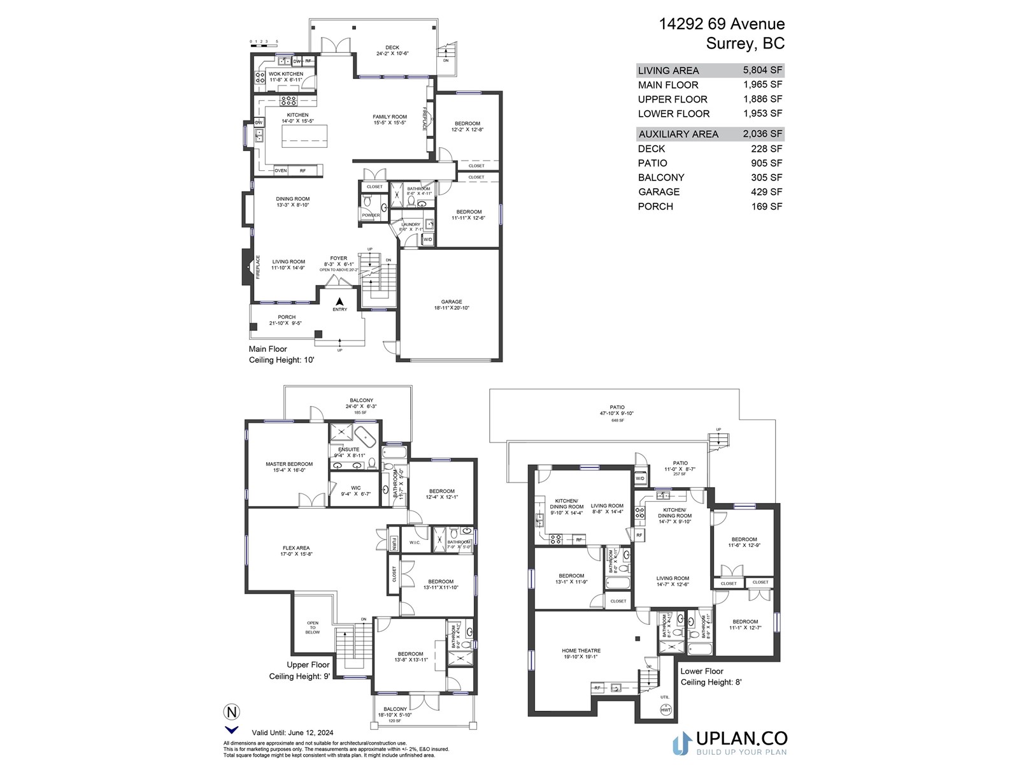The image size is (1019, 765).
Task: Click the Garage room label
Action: click(x=452, y=302)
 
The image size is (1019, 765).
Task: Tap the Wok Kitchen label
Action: click(x=286, y=74)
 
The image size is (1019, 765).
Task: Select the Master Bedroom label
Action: click(x=289, y=464)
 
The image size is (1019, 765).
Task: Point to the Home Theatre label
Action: click(x=581, y=651)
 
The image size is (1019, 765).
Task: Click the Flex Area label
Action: click(x=296, y=548)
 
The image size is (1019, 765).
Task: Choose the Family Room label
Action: click(x=390, y=117)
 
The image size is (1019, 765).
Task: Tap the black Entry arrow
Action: click(x=339, y=302)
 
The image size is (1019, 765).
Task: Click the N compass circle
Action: click(x=231, y=711)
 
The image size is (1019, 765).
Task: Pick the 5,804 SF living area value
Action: click(x=762, y=70)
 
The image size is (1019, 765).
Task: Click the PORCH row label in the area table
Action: click(x=655, y=207)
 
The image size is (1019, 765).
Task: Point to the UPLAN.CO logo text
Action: click(x=741, y=739)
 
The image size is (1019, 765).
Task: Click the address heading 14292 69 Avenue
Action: click(x=722, y=24)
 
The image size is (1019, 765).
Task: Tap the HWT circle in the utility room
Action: click(x=666, y=710)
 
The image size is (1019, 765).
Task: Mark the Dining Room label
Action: click(x=293, y=199)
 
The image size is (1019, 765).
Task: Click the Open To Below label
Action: click(x=313, y=627)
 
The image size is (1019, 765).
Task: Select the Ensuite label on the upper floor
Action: click(x=348, y=449)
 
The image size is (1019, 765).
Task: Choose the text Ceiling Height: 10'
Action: click(x=281, y=360)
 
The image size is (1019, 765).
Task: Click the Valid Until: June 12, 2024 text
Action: click(x=292, y=732)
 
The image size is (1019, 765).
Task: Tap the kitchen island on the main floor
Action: click(x=305, y=136)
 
